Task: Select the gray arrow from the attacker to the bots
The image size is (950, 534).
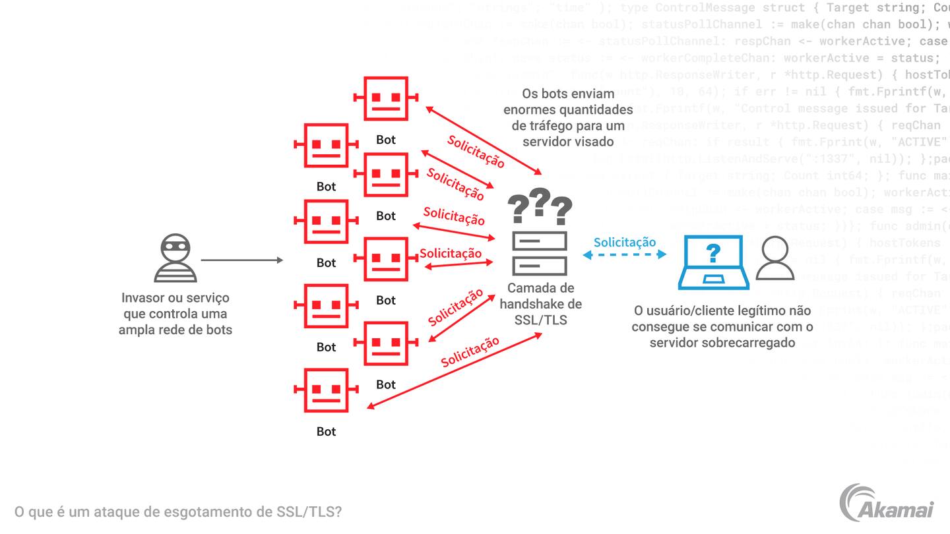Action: click(241, 260)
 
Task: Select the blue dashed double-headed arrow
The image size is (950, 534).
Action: click(624, 254)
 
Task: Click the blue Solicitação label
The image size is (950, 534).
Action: click(624, 242)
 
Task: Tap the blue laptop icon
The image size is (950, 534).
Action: click(713, 262)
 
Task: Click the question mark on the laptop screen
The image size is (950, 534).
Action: click(713, 253)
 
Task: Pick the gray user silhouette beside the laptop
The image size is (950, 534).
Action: click(775, 258)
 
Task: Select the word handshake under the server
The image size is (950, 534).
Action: click(540, 304)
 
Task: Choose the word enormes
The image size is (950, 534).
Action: click(527, 109)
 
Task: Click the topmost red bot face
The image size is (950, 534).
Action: click(386, 98)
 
